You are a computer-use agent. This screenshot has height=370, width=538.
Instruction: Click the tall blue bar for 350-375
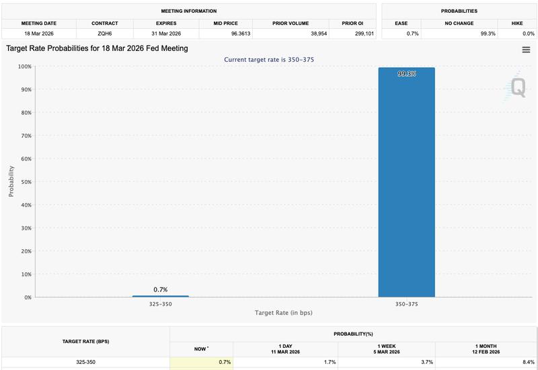[406, 181]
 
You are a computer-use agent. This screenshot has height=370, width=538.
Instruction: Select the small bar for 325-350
[160, 296]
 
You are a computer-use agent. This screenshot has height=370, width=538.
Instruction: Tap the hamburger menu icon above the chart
[526, 50]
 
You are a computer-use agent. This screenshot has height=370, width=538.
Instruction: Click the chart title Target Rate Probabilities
[97, 48]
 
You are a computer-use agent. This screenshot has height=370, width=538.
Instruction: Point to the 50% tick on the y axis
[24, 182]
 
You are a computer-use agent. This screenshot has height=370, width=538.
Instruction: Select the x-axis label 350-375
[406, 304]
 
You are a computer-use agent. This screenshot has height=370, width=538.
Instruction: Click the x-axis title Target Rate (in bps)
[283, 313]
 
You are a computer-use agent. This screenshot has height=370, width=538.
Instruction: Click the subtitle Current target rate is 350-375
[269, 60]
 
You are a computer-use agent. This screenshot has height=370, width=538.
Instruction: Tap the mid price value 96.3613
[226, 33]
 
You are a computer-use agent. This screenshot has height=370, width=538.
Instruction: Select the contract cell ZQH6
[105, 33]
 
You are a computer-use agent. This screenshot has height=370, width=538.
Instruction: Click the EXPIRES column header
[165, 24]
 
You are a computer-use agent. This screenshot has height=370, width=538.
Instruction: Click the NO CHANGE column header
[459, 24]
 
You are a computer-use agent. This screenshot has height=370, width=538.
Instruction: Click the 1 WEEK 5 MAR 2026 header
[387, 348]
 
